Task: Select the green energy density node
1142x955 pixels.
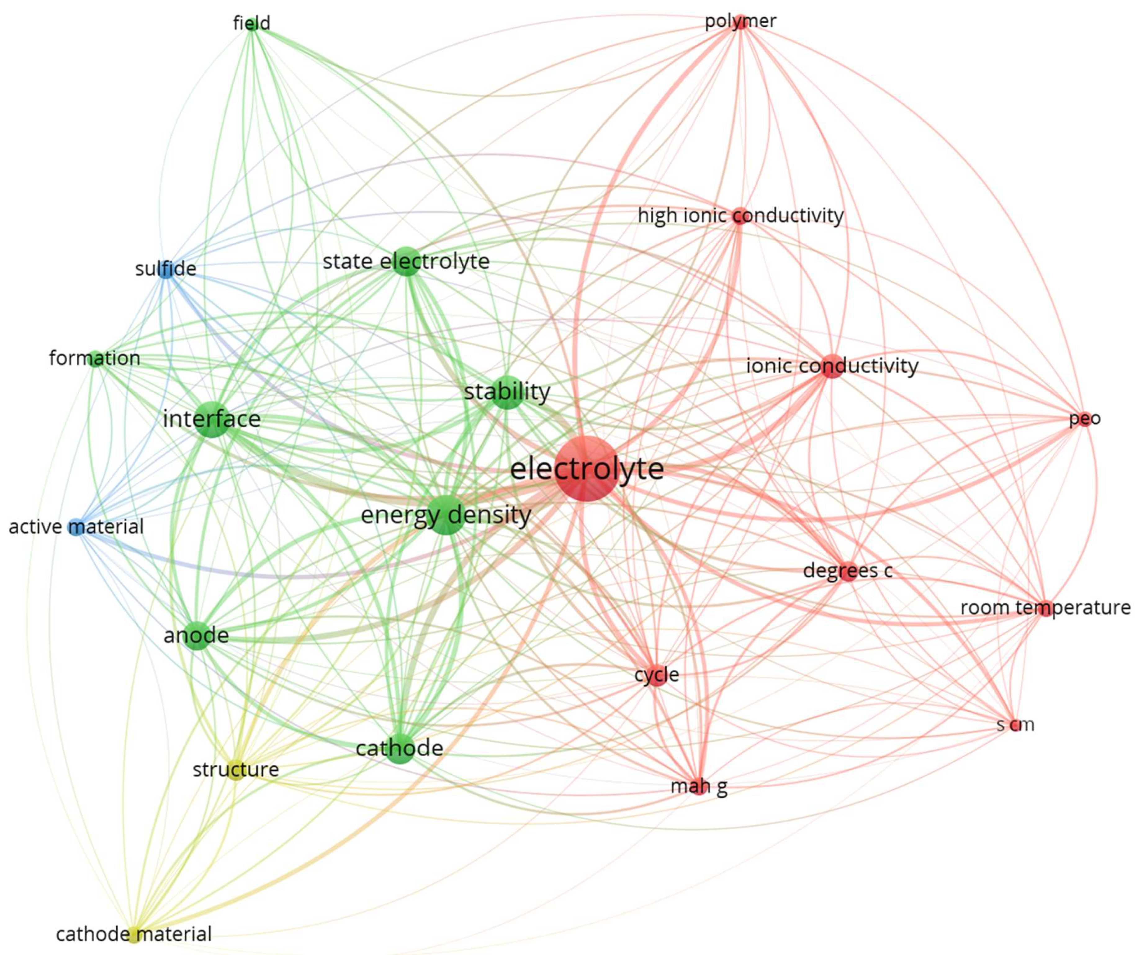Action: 446,515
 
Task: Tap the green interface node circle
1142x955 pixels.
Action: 212,419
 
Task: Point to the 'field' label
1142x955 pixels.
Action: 251,23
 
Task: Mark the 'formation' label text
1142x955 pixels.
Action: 95,358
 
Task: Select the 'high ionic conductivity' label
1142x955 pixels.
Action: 740,216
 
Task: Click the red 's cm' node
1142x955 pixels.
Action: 1015,725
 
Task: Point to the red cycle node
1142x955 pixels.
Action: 657,675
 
